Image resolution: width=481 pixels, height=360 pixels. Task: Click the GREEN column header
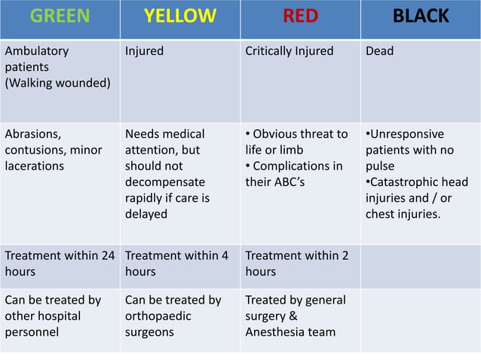click(x=60, y=17)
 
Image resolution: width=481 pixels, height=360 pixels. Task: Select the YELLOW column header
click(x=180, y=17)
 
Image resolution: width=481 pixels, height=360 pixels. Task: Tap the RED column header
click(x=300, y=17)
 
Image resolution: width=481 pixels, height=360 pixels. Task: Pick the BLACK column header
click(x=421, y=17)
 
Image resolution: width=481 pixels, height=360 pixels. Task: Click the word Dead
click(x=379, y=51)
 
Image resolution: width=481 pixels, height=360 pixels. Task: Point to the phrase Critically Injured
click(x=290, y=51)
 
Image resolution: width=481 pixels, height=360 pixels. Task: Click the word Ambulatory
click(x=36, y=51)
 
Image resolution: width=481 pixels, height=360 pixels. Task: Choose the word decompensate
click(x=164, y=182)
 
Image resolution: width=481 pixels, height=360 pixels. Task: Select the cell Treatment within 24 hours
click(x=60, y=264)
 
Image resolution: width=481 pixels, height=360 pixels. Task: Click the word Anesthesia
click(x=276, y=331)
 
